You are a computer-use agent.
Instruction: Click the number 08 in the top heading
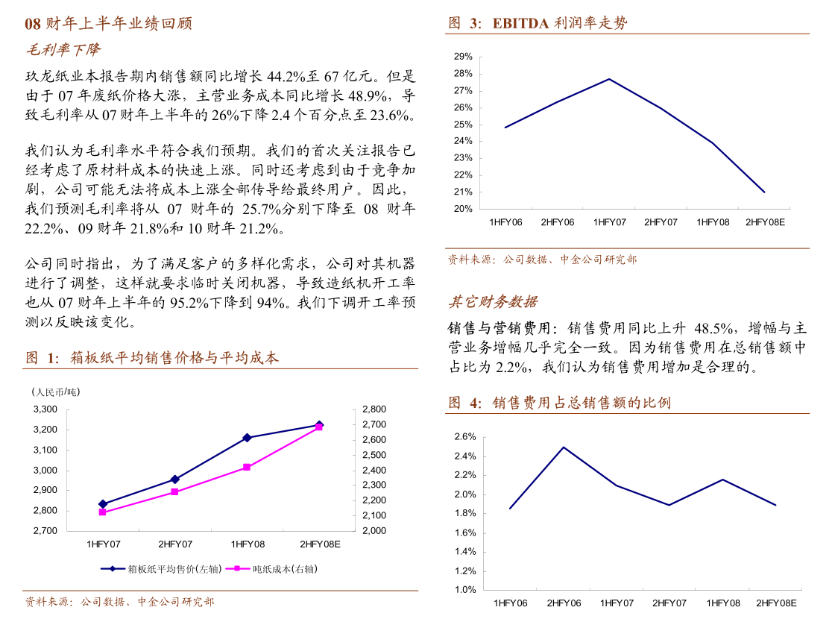[x=32, y=24]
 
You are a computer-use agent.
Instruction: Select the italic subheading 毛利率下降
[x=63, y=50]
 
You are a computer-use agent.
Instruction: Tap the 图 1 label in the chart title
[x=42, y=358]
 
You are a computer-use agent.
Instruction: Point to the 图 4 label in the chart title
[x=464, y=403]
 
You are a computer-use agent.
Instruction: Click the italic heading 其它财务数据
[x=492, y=302]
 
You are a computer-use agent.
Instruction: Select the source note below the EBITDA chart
[x=542, y=260]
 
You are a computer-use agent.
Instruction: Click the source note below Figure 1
[x=119, y=602]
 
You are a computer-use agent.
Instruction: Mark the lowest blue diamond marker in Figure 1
[x=103, y=504]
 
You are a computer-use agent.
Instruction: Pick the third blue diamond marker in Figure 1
[x=247, y=438]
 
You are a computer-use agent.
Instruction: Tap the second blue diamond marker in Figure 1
[x=175, y=480]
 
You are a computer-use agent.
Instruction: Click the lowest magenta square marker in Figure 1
[x=103, y=512]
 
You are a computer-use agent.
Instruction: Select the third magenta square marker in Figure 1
[x=247, y=467]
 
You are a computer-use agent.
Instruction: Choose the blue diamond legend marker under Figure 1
[x=113, y=568]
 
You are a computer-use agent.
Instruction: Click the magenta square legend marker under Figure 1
[x=237, y=568]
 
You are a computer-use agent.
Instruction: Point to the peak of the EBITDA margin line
[x=609, y=79]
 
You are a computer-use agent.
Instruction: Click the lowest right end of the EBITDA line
[x=765, y=192]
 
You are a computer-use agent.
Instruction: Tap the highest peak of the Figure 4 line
[x=564, y=447]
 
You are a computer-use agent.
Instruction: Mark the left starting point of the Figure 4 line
[x=510, y=509]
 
